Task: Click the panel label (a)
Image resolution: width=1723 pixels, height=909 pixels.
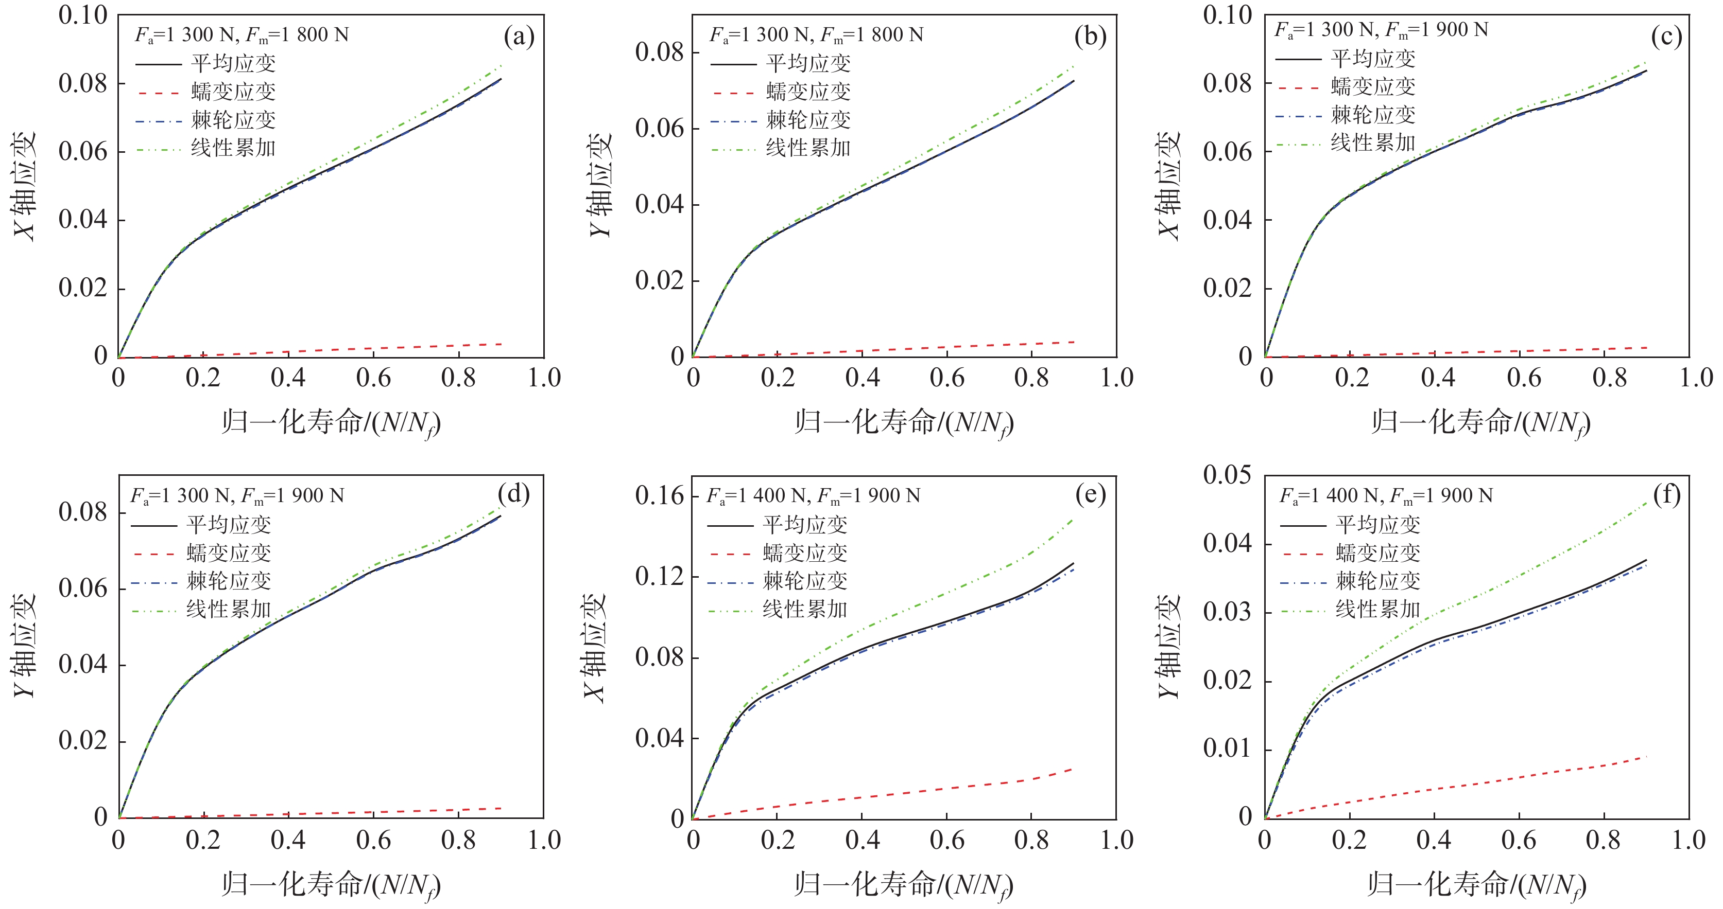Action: point(519,37)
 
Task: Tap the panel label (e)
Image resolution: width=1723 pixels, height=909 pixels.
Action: point(1090,495)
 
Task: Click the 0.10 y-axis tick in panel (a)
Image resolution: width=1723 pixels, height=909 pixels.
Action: point(83,15)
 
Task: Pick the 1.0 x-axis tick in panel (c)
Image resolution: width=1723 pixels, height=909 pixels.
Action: point(1696,378)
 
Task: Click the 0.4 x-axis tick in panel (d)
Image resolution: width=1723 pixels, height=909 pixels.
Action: point(288,840)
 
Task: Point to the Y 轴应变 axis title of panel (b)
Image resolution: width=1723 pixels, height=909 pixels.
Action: point(600,185)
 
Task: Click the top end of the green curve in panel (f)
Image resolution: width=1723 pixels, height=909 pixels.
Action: point(1646,502)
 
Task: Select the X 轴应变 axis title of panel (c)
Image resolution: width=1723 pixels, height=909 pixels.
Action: point(1168,185)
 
